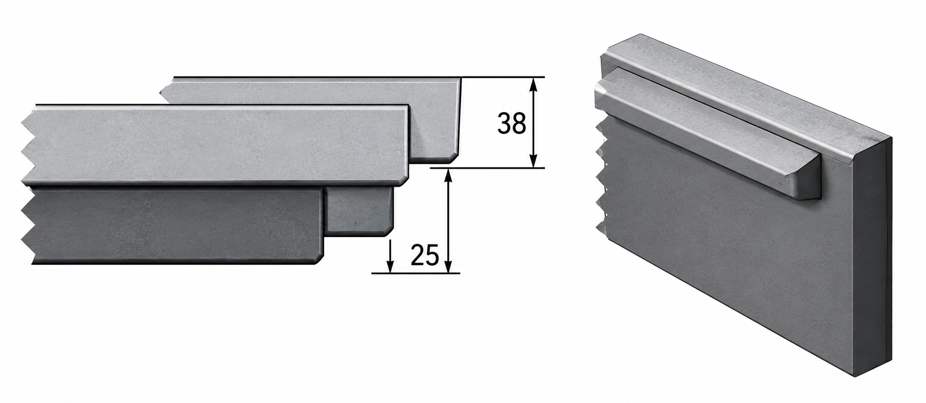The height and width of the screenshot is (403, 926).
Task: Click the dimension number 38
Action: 512,124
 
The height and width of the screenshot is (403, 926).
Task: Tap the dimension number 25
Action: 424,255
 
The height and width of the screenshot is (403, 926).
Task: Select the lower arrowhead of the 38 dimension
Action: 534,160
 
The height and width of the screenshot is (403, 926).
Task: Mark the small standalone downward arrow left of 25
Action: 390,256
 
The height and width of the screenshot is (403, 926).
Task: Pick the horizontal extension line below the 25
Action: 416,274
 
